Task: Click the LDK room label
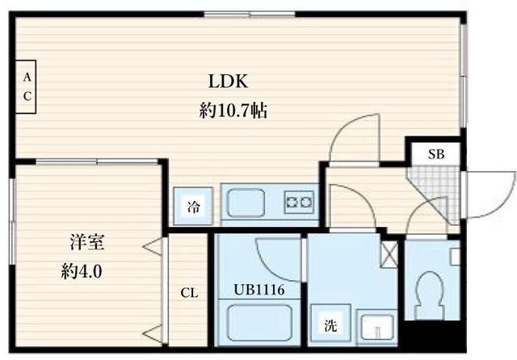tap(233, 82)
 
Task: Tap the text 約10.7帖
tap(233, 112)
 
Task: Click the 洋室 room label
tap(84, 242)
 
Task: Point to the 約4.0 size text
tap(84, 271)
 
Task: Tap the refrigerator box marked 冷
tap(194, 206)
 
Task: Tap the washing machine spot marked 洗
tap(331, 328)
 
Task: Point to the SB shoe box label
tap(435, 153)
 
